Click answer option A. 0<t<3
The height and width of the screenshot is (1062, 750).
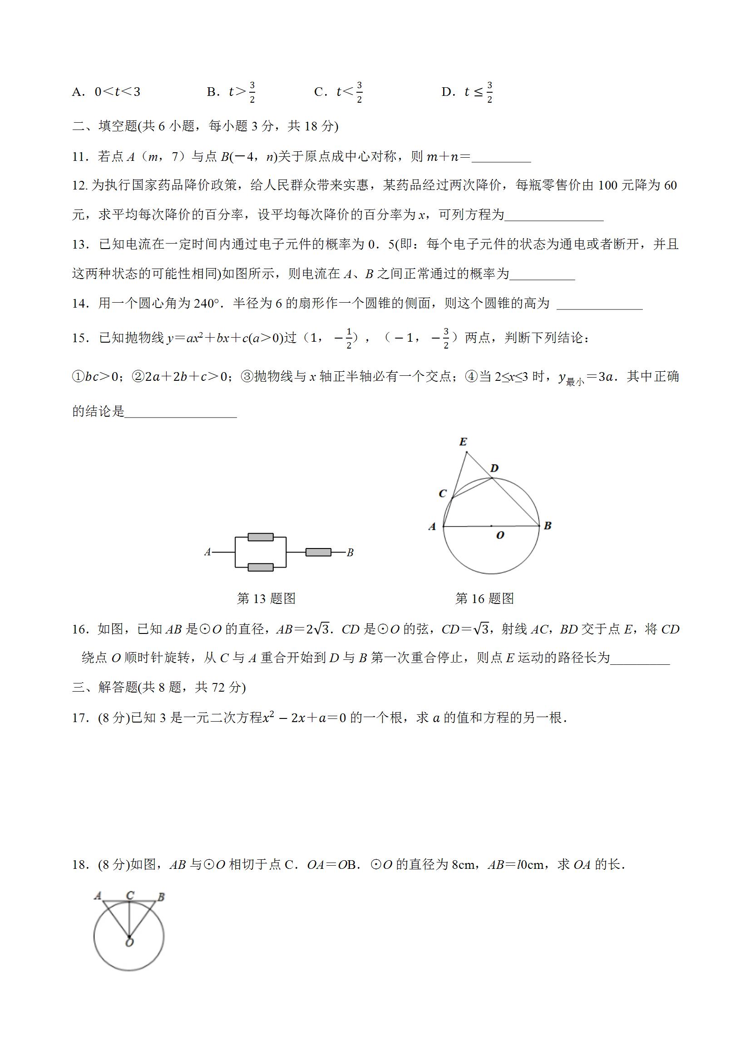coord(106,92)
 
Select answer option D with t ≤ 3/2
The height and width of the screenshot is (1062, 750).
coord(467,92)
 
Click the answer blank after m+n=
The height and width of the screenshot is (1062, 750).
coord(501,157)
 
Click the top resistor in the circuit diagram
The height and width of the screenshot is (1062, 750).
coord(261,537)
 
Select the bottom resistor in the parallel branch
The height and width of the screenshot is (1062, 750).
coord(261,568)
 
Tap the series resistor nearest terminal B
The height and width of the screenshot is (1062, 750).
coord(318,552)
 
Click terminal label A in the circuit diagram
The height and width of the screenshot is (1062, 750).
coord(207,552)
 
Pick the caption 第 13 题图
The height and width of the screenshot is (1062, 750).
coord(266,598)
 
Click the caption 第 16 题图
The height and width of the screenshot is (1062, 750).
coord(484,598)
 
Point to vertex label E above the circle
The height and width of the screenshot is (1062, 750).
coord(463,442)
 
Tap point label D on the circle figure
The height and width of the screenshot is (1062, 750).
coord(494,469)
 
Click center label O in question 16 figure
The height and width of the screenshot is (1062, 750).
coord(499,535)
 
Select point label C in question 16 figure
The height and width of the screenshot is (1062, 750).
coord(442,494)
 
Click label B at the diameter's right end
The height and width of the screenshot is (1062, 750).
coord(548,525)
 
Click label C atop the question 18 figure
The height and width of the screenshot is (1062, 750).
coord(130,896)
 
